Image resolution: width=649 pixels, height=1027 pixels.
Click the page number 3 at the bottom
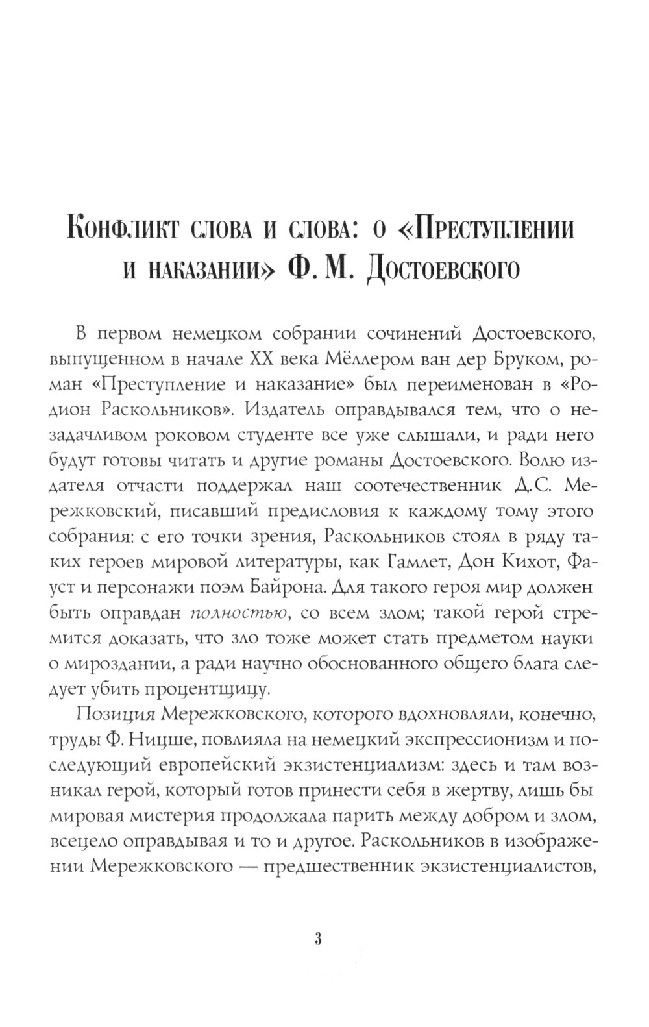[x=318, y=939]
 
